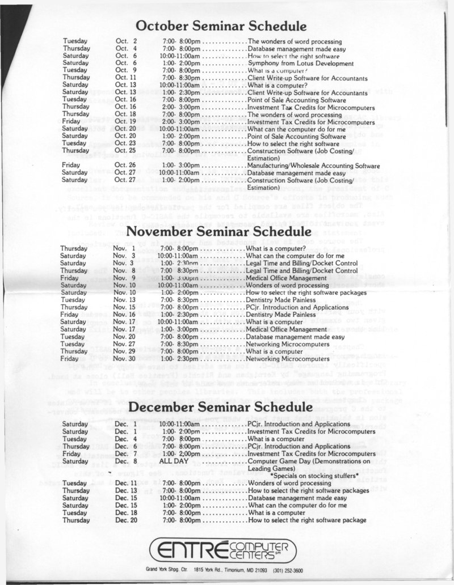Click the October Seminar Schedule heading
[x=222, y=26]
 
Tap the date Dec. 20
[x=124, y=520]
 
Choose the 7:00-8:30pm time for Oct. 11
[x=181, y=78]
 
